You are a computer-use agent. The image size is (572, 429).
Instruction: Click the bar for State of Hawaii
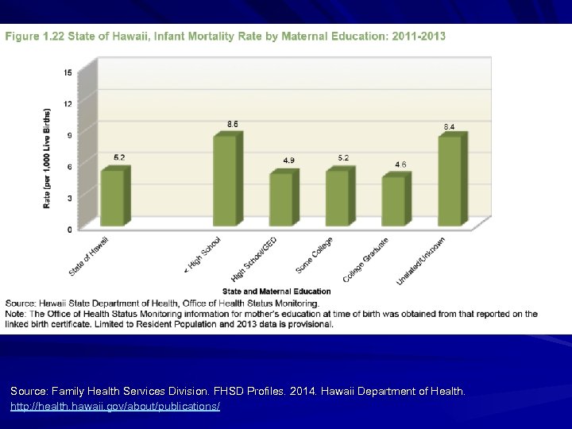(x=112, y=198)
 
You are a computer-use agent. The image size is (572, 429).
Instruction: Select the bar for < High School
(x=224, y=180)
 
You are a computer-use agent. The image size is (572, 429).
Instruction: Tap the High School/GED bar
(x=280, y=199)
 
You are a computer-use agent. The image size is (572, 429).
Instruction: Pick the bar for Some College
(x=337, y=198)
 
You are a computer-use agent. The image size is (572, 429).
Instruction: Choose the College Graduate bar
(x=392, y=201)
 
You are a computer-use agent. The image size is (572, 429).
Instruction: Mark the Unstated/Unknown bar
(x=449, y=181)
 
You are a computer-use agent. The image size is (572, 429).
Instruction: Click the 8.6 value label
(x=232, y=124)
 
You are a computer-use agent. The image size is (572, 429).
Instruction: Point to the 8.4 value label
(x=449, y=127)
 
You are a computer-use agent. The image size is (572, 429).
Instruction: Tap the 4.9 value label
(x=288, y=160)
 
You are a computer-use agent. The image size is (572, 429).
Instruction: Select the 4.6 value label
(x=401, y=164)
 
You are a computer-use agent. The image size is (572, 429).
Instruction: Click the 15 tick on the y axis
(x=68, y=72)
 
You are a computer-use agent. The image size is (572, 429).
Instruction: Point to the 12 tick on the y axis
(x=68, y=103)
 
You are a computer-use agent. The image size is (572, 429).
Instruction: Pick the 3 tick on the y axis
(x=69, y=198)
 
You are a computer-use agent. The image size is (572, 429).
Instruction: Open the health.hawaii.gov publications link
(x=114, y=406)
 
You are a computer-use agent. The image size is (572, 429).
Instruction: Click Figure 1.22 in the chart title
(x=37, y=36)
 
